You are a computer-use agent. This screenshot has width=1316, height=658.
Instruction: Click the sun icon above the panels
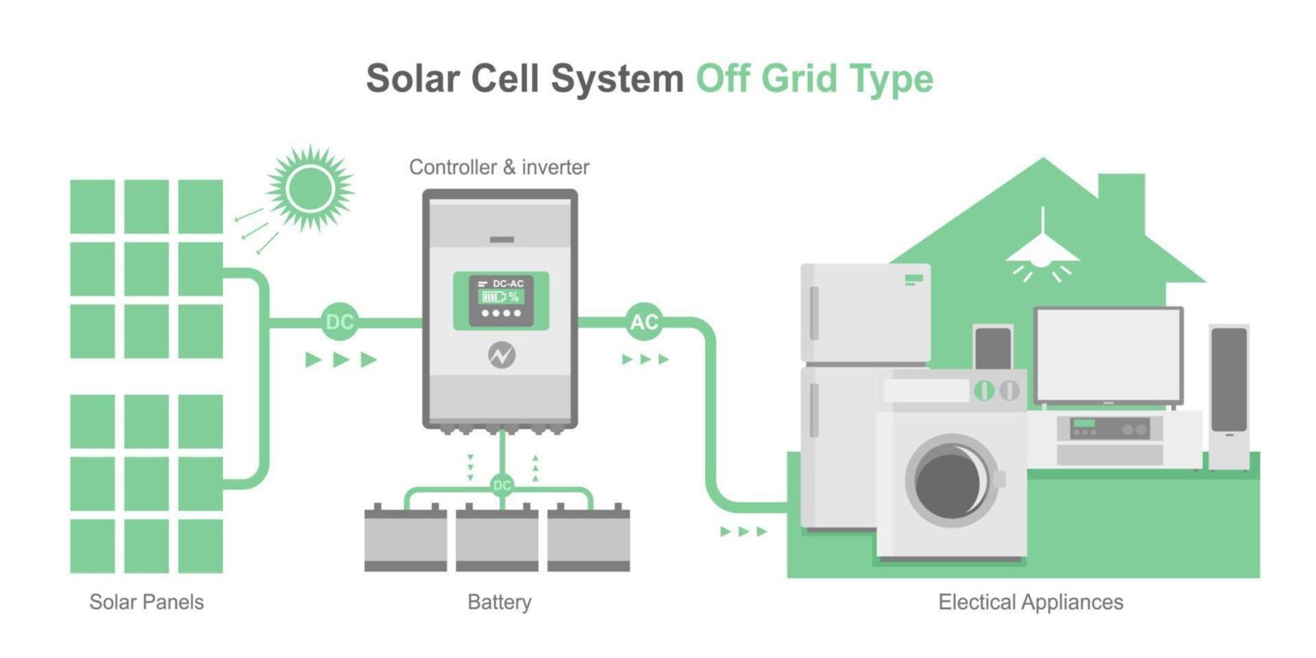coord(310,188)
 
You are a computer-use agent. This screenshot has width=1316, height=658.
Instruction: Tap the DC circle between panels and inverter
coord(340,322)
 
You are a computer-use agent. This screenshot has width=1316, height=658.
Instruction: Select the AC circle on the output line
coord(643,322)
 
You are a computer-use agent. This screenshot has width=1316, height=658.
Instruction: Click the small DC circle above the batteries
coord(502,486)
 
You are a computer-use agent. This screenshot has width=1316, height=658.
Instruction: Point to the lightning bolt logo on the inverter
coord(501,356)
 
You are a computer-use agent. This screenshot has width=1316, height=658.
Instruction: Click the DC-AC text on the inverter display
coord(508,284)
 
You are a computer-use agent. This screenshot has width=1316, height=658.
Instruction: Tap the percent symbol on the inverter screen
coord(514,297)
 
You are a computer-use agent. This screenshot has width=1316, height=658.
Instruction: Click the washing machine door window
coord(949,480)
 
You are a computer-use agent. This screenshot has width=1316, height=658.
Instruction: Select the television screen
coord(1109,354)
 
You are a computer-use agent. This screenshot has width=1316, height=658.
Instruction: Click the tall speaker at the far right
coord(1229,394)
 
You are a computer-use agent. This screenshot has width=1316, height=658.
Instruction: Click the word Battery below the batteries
coord(499,602)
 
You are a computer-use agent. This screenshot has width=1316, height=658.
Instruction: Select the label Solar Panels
coord(147,602)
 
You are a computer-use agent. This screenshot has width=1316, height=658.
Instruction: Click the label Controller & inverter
coord(499,167)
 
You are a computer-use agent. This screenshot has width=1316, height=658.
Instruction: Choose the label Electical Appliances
coord(1030,602)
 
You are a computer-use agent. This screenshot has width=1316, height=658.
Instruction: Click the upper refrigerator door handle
coord(814,313)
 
